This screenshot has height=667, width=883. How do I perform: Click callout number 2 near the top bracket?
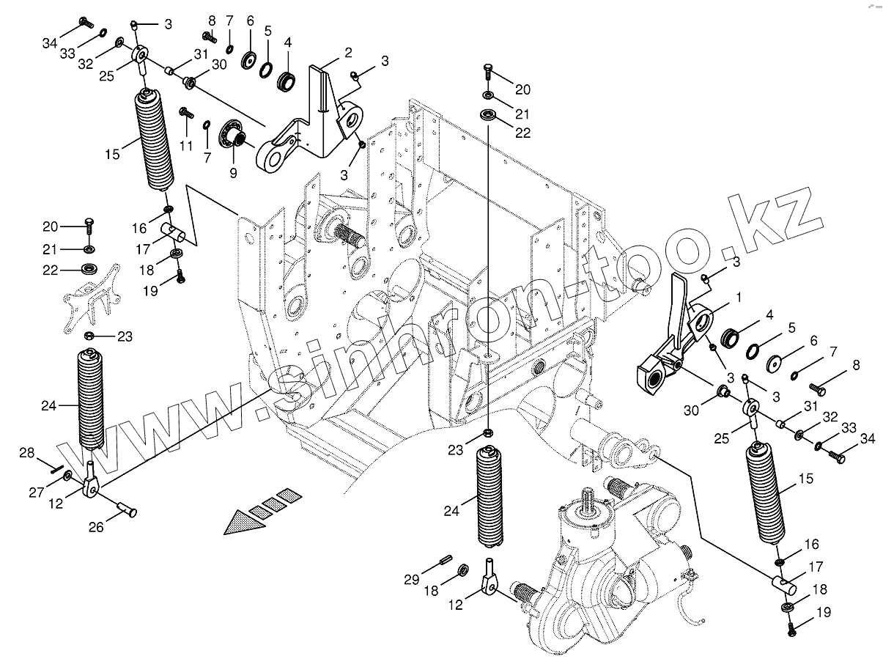pyautogui.click(x=348, y=52)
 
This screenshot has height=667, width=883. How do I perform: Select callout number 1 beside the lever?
pyautogui.click(x=738, y=298)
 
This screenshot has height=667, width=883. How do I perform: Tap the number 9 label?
pyautogui.click(x=233, y=174)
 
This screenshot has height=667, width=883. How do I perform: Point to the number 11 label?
pyautogui.click(x=186, y=146)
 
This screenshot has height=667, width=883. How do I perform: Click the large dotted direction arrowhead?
pyautogui.click(x=239, y=522)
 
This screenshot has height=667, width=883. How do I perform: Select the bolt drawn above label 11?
pyautogui.click(x=185, y=114)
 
